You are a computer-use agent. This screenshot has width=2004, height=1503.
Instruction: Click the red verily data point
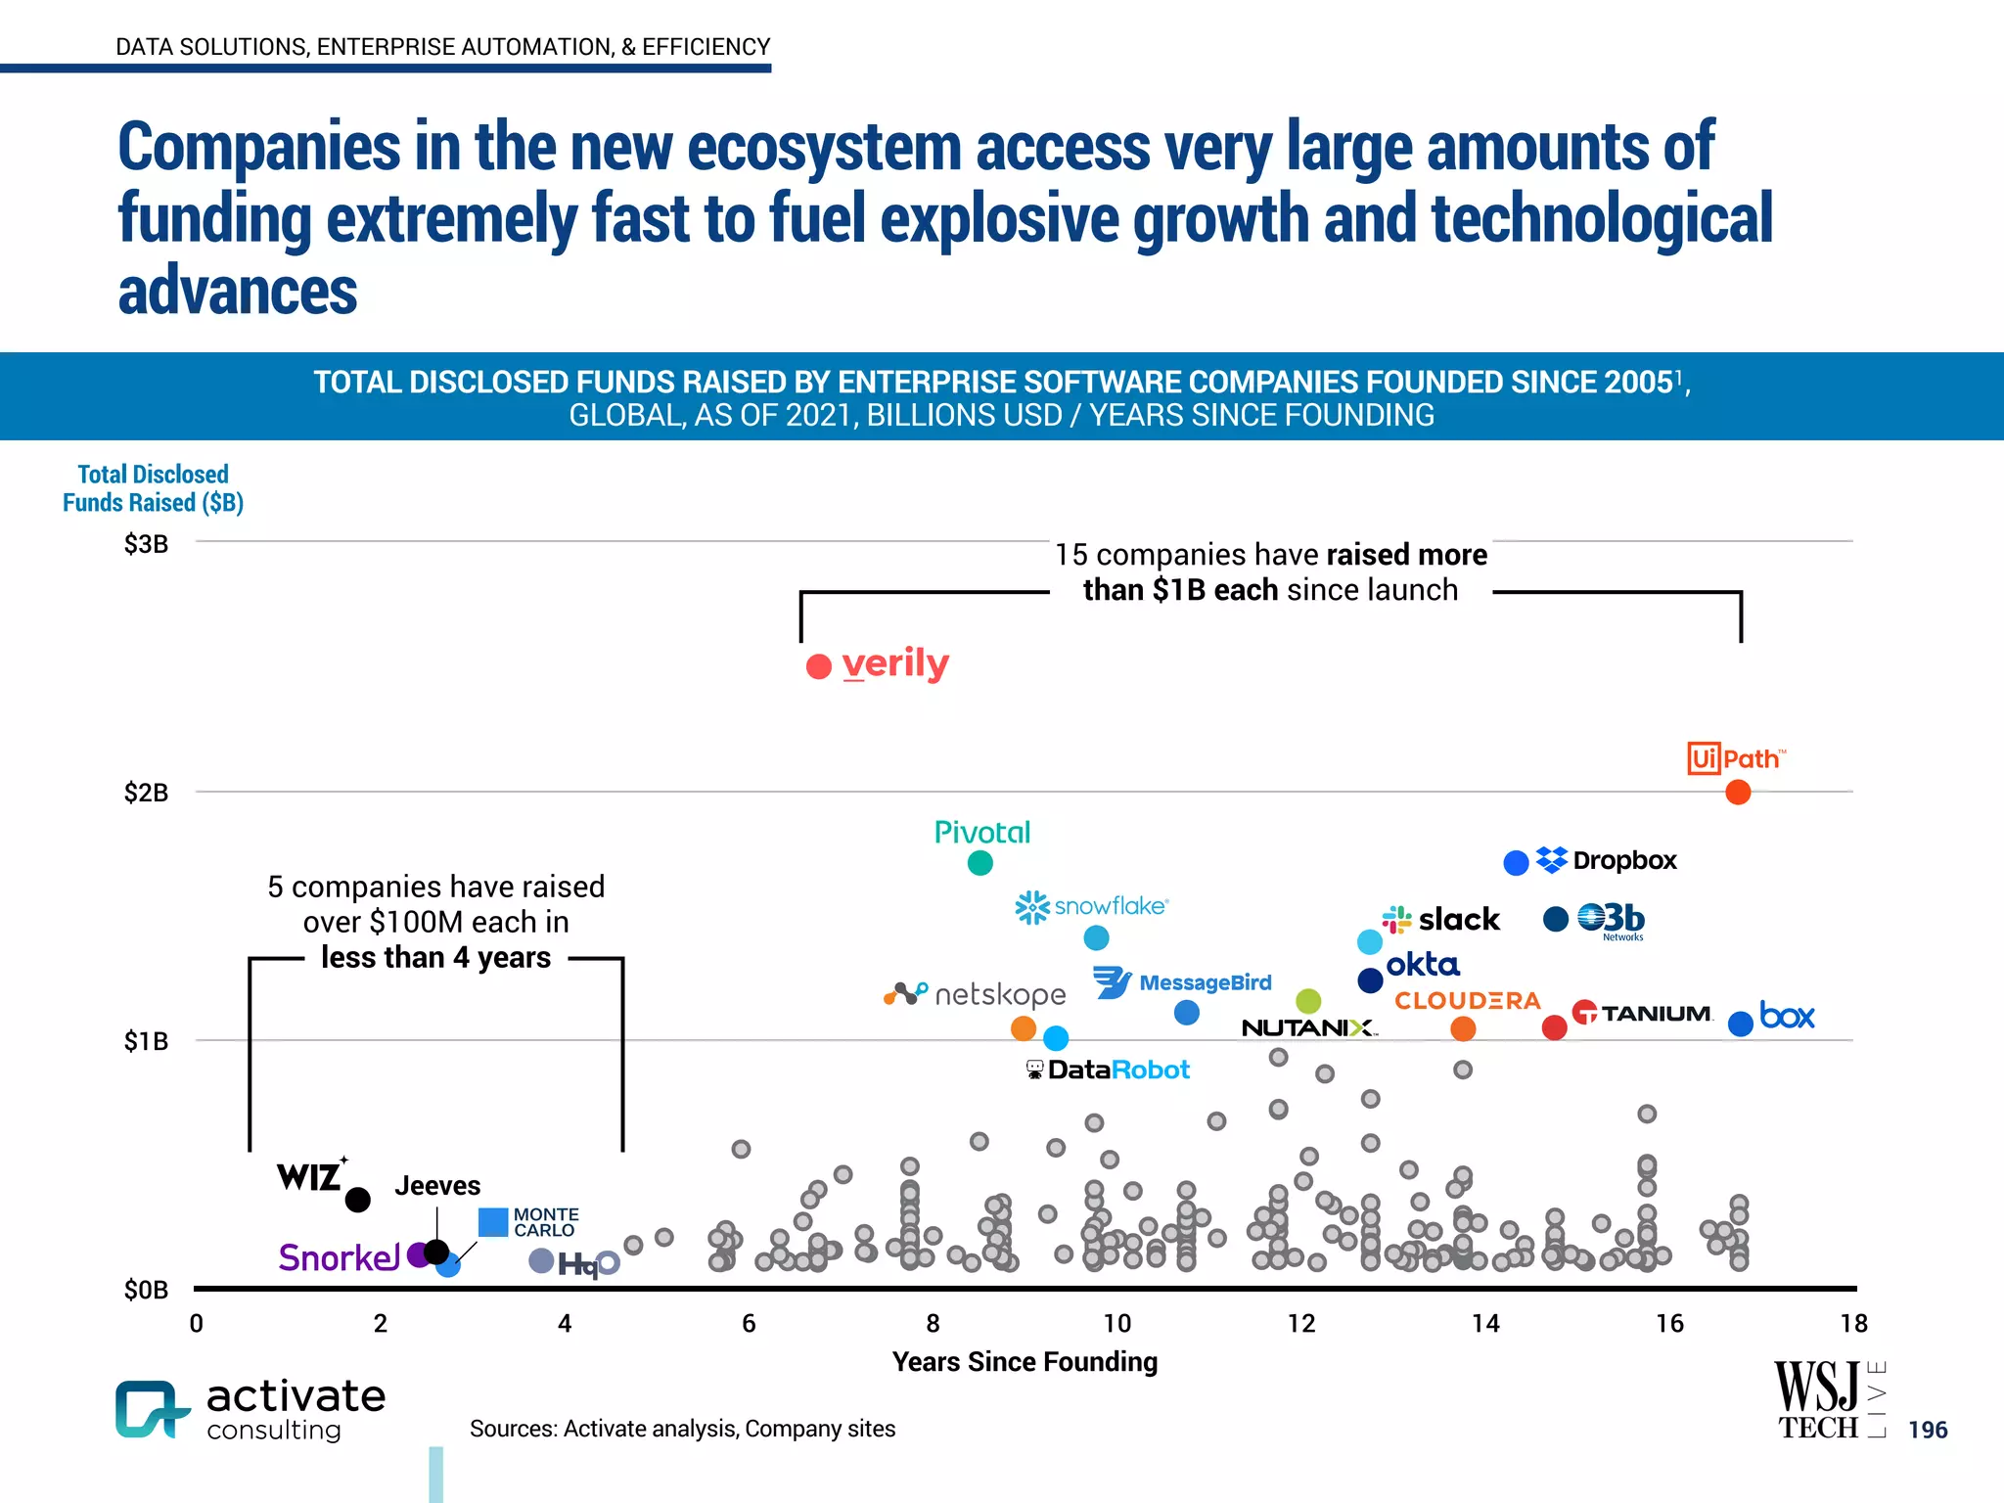(x=819, y=666)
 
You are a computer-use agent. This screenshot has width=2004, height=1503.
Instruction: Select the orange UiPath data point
(x=1738, y=792)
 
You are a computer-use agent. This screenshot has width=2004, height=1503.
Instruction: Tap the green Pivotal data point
(x=979, y=862)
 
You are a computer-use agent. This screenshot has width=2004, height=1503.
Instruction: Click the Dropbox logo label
(x=1607, y=860)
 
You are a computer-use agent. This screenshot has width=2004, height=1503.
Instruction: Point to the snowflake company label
(x=1093, y=906)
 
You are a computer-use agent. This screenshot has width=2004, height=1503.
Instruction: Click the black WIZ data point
(x=358, y=1199)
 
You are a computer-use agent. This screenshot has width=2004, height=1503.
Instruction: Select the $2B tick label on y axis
(x=146, y=793)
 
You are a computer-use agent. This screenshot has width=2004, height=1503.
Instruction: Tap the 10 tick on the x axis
(x=1116, y=1324)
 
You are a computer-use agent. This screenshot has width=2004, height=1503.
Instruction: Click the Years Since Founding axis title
(x=1025, y=1362)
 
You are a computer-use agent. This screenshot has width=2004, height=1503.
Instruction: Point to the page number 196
(x=1928, y=1430)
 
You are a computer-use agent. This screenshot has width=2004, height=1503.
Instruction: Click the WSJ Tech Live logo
(x=1828, y=1399)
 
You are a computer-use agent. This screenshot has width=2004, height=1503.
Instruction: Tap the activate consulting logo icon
(x=150, y=1409)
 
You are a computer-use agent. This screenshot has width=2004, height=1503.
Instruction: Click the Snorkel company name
(x=339, y=1257)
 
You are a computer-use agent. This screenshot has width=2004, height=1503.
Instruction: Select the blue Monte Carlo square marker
(x=493, y=1222)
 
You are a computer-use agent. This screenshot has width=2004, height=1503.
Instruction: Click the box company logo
(x=1787, y=1016)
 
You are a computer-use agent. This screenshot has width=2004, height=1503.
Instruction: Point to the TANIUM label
(x=1643, y=1013)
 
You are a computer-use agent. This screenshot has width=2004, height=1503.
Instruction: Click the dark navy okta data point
(x=1370, y=979)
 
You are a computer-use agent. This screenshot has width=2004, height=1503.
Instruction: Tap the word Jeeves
(x=437, y=1186)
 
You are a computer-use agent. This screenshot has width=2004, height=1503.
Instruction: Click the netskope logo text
(x=998, y=994)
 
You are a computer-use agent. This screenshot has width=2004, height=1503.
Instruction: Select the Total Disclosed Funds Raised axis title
(x=153, y=488)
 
